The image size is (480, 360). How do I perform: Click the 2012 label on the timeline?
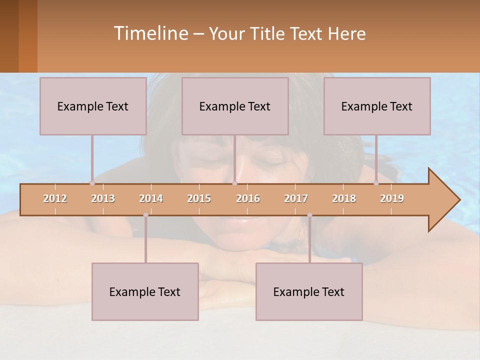point(55,198)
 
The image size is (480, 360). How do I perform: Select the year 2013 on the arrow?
point(103,198)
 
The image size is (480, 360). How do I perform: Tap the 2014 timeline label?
point(151,198)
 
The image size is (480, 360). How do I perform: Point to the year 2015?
point(199,198)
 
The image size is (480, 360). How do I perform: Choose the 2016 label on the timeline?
point(248,198)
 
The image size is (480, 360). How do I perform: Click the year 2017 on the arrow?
point(296,198)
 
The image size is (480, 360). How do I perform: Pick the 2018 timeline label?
point(344,198)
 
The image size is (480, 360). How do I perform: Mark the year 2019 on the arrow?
point(392,198)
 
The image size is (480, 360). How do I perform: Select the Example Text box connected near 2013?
point(93,106)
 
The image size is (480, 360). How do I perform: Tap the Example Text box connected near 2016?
point(235,106)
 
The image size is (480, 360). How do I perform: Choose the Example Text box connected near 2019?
point(377,106)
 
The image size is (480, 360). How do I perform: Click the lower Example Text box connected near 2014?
point(145,291)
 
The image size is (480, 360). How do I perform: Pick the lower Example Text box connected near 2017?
point(309,291)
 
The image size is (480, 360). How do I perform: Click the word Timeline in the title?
point(150,33)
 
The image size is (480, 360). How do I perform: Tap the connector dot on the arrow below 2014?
point(145,215)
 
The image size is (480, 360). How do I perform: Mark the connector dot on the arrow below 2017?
point(309,215)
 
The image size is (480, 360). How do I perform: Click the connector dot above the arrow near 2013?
point(92,183)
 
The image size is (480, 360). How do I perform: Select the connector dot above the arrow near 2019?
point(376,183)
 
